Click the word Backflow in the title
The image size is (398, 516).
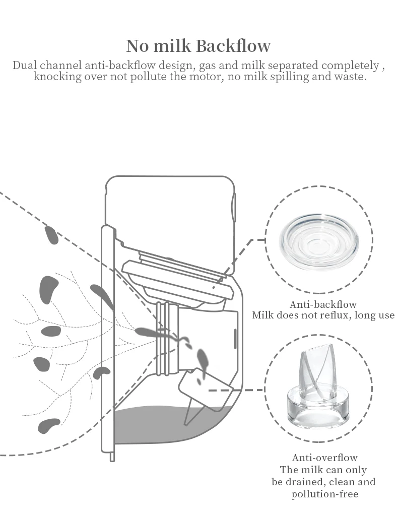(233, 46)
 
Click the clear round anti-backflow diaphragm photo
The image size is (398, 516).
(319, 240)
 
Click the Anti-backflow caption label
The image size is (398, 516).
(323, 304)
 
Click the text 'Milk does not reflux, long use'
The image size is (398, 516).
(323, 315)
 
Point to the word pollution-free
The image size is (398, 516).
(325, 494)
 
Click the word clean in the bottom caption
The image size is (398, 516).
(345, 482)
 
